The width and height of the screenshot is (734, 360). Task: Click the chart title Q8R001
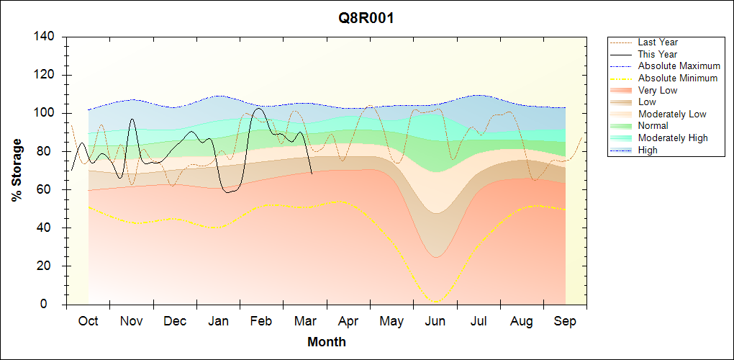[x=366, y=19]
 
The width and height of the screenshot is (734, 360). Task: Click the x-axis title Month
[x=327, y=342]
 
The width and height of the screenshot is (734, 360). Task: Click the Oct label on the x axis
[x=89, y=321]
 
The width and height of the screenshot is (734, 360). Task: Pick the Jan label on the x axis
[x=218, y=321]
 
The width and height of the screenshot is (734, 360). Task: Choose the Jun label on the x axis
[x=435, y=321]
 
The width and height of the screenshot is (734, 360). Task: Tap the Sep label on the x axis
[x=565, y=321]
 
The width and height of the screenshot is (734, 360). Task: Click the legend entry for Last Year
[x=658, y=42]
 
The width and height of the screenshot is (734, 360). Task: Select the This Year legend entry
[x=658, y=54]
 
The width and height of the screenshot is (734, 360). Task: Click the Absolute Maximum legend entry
[x=679, y=66]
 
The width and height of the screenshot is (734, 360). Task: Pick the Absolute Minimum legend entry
[x=677, y=78]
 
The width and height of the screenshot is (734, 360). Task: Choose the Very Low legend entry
[x=658, y=90]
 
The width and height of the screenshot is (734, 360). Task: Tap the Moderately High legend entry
[x=673, y=138]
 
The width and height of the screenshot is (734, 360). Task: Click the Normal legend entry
[x=653, y=126]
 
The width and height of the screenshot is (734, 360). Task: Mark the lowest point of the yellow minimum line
[x=435, y=302]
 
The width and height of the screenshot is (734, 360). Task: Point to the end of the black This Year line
[x=312, y=174]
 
